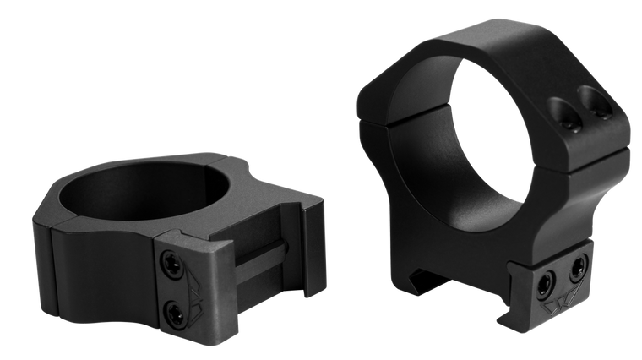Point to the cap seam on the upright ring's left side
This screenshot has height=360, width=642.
372,119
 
